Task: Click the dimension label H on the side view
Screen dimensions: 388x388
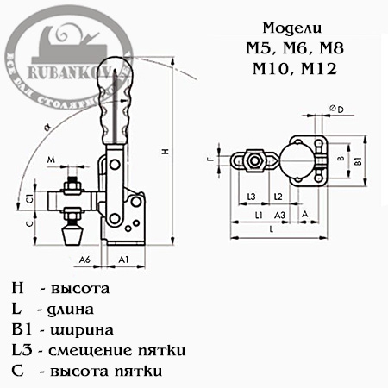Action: (x=164, y=152)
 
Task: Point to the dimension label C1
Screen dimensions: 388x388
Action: (x=29, y=200)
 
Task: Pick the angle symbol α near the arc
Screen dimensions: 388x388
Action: (x=46, y=126)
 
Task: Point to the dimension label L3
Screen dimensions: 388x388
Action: (x=251, y=197)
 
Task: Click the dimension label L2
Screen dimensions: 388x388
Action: (x=278, y=197)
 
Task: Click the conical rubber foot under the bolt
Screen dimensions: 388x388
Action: (x=72, y=233)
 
